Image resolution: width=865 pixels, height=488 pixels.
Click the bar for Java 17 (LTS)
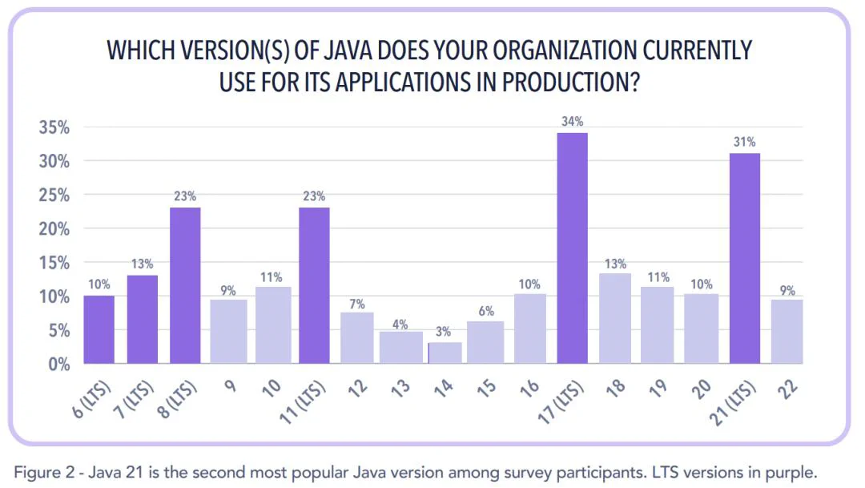(x=572, y=248)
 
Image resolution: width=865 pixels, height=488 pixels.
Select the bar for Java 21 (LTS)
(x=744, y=258)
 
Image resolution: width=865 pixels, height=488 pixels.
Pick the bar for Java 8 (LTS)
(x=185, y=285)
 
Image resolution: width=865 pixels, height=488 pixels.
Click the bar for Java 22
(x=787, y=332)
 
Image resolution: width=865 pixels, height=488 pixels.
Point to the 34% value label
(x=572, y=122)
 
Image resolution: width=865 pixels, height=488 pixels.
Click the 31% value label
(x=744, y=142)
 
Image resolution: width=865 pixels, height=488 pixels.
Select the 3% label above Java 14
(x=443, y=332)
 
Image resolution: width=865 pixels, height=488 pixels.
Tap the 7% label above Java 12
(x=356, y=304)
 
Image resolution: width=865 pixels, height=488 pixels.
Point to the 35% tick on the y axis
(x=54, y=127)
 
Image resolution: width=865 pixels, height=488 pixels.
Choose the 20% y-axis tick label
(x=54, y=229)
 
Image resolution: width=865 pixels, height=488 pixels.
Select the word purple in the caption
(x=795, y=470)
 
